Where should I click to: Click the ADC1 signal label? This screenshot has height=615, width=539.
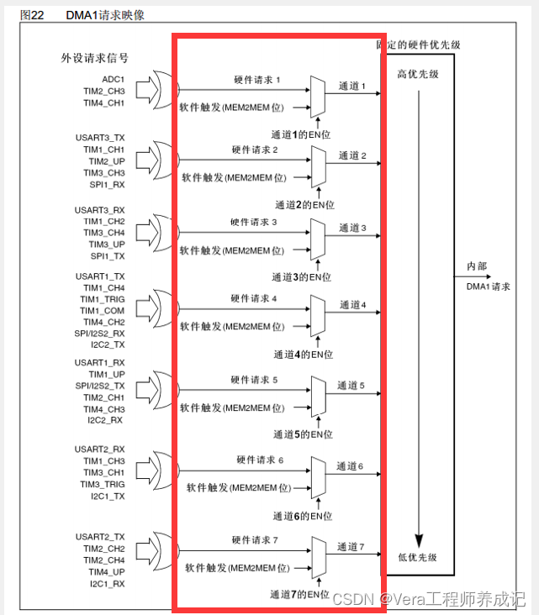tap(113, 78)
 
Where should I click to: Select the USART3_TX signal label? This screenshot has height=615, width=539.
tap(100, 137)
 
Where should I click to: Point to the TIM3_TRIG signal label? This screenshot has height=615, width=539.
tap(102, 485)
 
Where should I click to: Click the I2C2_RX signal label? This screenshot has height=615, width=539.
tap(105, 420)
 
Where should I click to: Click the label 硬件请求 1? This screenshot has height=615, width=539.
tap(256, 80)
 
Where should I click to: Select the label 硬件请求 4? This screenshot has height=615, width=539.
tap(253, 298)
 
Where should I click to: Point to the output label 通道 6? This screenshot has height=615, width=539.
tap(350, 465)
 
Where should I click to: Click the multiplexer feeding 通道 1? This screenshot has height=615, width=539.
tap(318, 94)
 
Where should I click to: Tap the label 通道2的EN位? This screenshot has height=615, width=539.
tap(305, 204)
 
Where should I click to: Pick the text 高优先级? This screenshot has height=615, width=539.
tap(418, 74)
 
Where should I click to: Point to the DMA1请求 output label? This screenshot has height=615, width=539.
tap(489, 286)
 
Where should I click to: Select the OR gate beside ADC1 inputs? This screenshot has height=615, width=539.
tap(159, 90)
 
